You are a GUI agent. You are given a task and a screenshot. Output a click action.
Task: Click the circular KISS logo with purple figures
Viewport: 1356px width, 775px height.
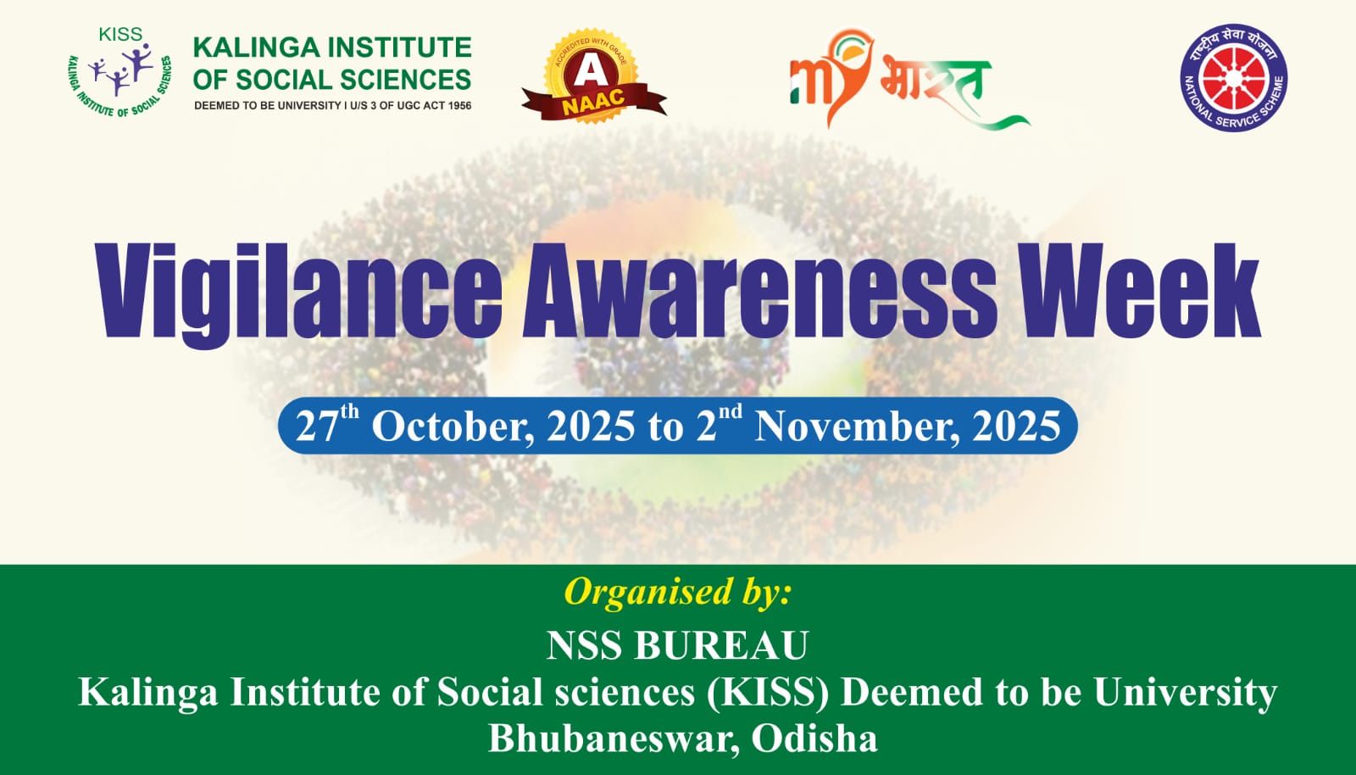(x=119, y=73)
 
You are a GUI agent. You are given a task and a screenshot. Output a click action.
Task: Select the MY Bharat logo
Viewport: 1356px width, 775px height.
(x=908, y=79)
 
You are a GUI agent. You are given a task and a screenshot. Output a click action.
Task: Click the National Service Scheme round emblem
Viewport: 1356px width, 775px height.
(x=1234, y=77)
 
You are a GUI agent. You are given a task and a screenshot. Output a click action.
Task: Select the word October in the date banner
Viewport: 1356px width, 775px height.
(x=453, y=427)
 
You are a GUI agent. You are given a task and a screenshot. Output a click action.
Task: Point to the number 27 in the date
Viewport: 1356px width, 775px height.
(x=317, y=427)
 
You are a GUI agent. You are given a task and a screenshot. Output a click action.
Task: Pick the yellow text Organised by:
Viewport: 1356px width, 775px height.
(x=677, y=592)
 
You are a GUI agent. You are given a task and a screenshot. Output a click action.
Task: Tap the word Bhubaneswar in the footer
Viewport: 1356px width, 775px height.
(x=614, y=739)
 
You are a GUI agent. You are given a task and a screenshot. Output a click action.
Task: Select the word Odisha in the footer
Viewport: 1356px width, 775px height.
(x=814, y=738)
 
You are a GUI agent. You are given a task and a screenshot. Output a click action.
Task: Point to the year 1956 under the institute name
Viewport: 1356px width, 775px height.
(x=459, y=106)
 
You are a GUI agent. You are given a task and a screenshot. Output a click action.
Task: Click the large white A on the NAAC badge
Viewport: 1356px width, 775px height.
(x=586, y=72)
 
